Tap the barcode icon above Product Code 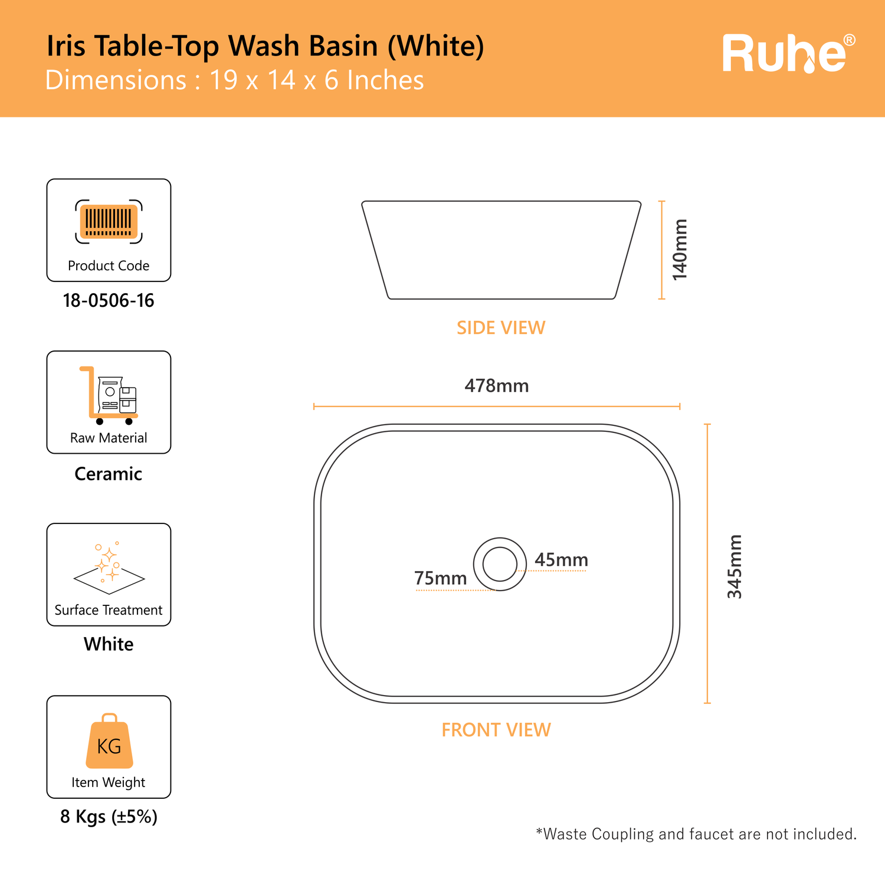(x=109, y=221)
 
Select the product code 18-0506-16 (x=109, y=300)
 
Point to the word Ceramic (x=109, y=474)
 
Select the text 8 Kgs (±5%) (x=109, y=817)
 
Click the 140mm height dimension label (x=680, y=250)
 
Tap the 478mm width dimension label (x=497, y=386)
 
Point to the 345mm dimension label (x=735, y=566)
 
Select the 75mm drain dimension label (x=441, y=578)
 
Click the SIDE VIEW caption (x=501, y=328)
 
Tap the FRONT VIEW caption (x=496, y=730)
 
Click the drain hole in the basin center (x=500, y=564)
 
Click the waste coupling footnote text (x=696, y=834)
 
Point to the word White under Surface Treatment (x=109, y=644)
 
